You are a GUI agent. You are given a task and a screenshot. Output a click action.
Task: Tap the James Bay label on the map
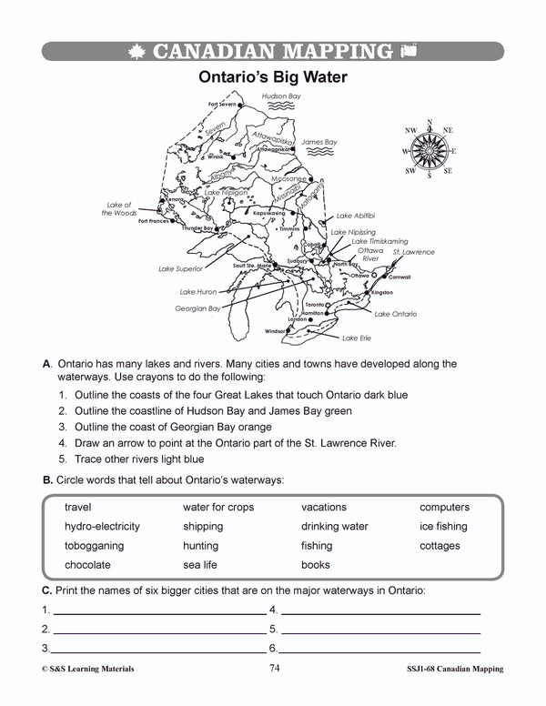[318, 142]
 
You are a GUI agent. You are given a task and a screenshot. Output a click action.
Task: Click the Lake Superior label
[180, 269]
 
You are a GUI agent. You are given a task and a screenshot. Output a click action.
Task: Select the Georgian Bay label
[197, 308]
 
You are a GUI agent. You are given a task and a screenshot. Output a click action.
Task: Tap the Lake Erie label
[357, 338]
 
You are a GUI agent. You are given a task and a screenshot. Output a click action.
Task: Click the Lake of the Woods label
[119, 209]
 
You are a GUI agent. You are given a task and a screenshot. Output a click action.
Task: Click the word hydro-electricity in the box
[102, 526]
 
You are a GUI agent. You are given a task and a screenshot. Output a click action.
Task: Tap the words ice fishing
[443, 526]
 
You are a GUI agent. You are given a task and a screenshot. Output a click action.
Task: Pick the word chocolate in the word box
[88, 565]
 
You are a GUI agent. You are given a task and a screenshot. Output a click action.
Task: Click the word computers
[444, 507]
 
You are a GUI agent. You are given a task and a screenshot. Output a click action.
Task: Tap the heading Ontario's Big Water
[273, 78]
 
